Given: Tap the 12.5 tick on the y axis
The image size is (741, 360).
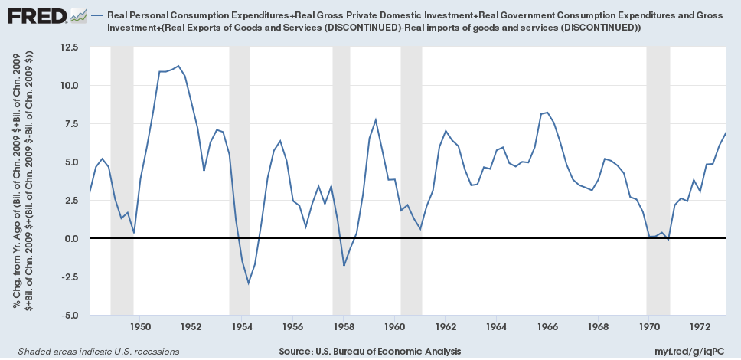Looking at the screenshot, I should point(68,47).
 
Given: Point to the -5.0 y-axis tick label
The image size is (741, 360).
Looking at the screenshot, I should point(68,315).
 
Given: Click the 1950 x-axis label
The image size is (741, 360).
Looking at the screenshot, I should point(140,327).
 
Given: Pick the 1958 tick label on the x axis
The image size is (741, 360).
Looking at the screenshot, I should point(344,327).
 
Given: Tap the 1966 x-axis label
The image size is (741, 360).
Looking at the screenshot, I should point(547,327).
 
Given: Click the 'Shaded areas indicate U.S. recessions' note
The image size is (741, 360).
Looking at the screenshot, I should point(93,351).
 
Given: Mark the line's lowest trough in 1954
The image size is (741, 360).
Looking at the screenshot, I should point(249,283).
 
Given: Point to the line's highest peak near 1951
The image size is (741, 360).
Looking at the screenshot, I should point(178,66).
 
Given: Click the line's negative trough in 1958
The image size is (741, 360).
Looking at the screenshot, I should point(344,266).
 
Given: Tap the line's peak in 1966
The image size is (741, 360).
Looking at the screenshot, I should point(547,113).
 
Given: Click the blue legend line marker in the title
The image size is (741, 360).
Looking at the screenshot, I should point(97,15).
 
